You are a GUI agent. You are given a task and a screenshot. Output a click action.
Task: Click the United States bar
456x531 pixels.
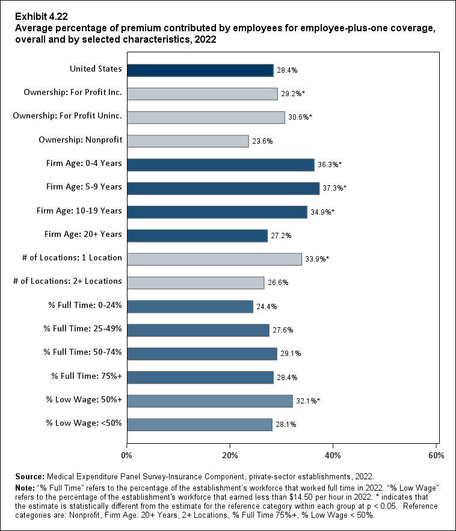[x=200, y=70]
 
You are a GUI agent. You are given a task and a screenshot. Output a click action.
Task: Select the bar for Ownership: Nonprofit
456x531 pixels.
[x=188, y=141]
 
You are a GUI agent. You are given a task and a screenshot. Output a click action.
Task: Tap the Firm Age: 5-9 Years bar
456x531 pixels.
[x=223, y=188]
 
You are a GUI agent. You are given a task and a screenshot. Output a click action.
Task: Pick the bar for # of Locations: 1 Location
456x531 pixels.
[x=214, y=259]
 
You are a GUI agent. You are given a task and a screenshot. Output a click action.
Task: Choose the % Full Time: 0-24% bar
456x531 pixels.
[x=190, y=307]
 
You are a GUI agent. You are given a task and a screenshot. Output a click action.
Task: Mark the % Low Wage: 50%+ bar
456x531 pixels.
[x=210, y=401]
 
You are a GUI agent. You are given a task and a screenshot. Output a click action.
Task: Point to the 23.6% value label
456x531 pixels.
[x=262, y=141]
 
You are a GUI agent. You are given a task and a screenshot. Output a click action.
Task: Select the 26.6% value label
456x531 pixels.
[x=278, y=283]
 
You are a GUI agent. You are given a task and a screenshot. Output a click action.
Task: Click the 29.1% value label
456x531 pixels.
[x=291, y=354]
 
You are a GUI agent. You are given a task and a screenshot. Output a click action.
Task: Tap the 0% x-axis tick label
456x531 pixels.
[x=127, y=455]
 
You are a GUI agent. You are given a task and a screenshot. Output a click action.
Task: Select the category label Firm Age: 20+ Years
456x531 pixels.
[x=84, y=235]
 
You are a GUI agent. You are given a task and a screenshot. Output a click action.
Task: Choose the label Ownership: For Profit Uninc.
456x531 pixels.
[x=67, y=117]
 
